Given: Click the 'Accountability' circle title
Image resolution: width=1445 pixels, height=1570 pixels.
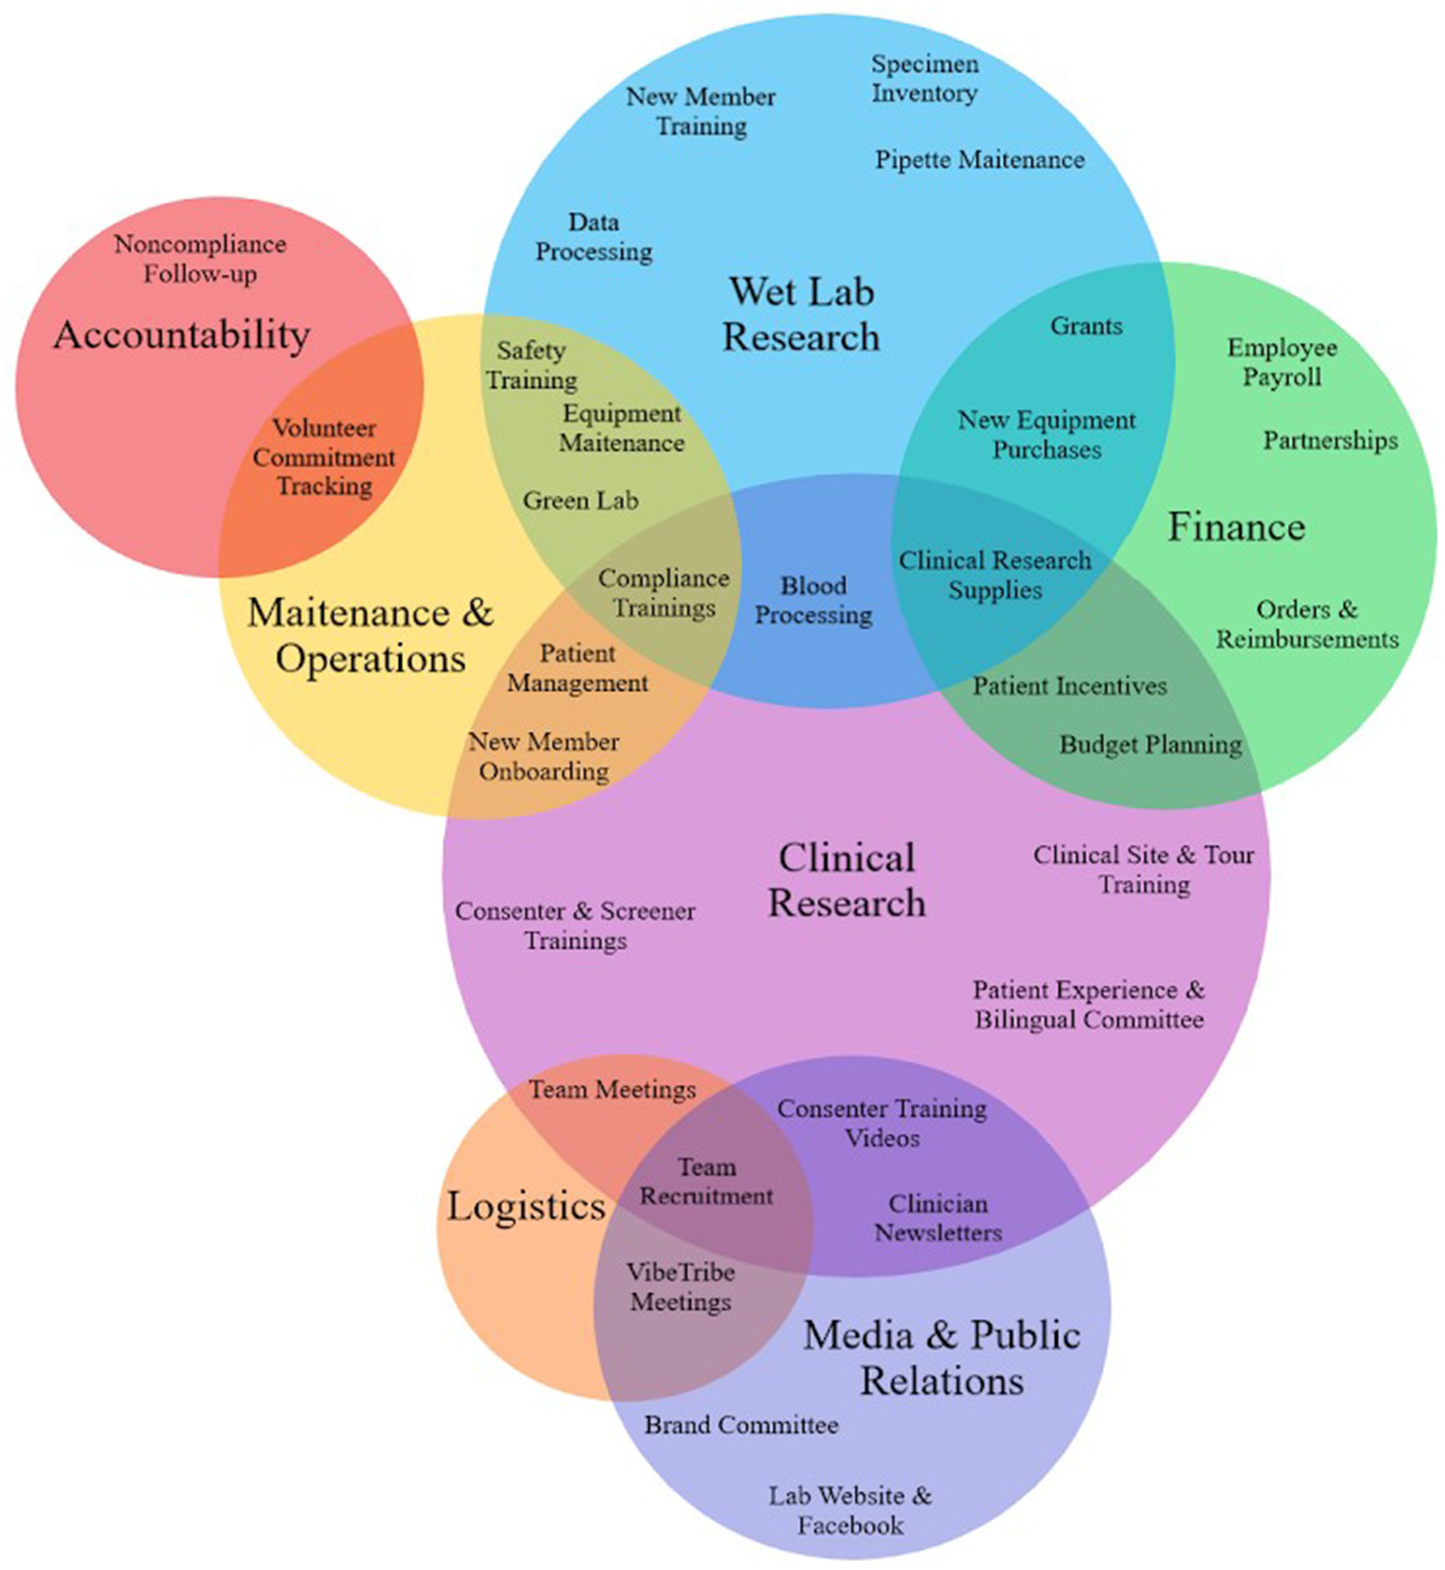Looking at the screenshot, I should [182, 334].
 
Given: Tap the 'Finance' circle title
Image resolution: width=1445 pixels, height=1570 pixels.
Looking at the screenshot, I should [1236, 526].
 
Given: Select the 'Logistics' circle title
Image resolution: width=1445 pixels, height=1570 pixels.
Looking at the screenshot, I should [525, 1205].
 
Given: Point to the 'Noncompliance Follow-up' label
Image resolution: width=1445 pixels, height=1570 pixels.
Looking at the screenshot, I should [200, 259].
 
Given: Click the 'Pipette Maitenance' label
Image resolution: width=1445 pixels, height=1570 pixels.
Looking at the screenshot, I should [980, 159].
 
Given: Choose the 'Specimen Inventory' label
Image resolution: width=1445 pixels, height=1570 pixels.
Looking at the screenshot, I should [924, 78].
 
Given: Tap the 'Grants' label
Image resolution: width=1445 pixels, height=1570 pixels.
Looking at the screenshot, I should [1086, 326].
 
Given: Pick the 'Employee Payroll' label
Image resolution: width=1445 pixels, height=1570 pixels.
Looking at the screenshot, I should [1282, 362].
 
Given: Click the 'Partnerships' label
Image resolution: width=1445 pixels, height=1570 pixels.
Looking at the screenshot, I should [1330, 441].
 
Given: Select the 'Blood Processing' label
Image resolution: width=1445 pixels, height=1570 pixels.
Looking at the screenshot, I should [813, 600].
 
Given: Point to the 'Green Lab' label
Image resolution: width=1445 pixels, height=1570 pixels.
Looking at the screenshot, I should [581, 501].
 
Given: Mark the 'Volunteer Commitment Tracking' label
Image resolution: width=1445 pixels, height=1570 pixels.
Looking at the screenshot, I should [324, 457].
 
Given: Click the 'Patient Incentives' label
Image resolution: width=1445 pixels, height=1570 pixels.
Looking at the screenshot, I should [1069, 685].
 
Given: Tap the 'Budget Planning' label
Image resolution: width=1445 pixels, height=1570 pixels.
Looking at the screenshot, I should [1150, 745].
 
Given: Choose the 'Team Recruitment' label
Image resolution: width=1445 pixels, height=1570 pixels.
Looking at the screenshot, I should [706, 1181].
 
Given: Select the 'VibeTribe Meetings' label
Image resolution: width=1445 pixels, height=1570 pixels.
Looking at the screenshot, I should [681, 1287].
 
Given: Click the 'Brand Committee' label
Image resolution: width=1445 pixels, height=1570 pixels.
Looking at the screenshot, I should [741, 1424].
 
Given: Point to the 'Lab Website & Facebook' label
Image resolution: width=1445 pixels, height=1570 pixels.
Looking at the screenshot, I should [850, 1510].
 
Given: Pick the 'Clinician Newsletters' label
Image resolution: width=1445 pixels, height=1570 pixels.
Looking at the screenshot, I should [938, 1218].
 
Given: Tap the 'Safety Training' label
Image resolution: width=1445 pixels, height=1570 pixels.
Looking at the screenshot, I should [532, 365].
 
